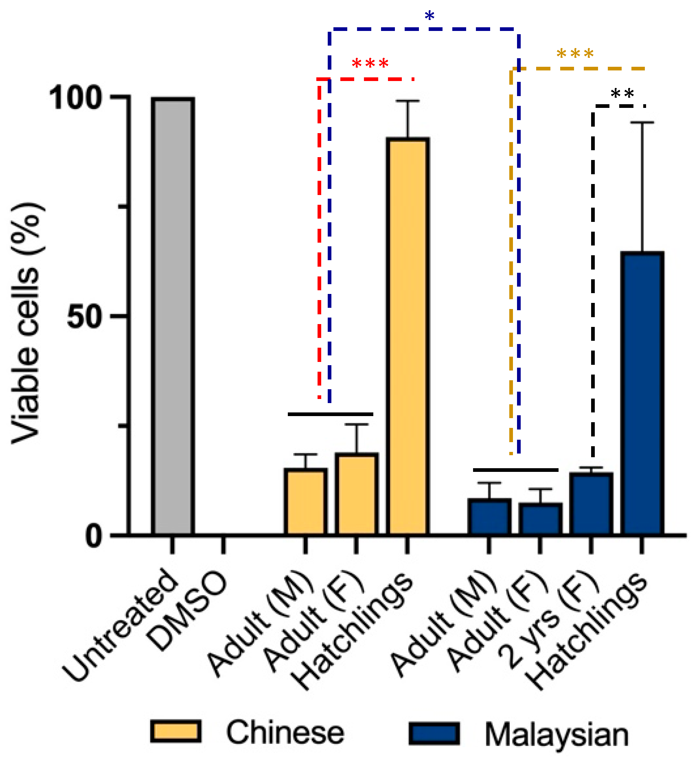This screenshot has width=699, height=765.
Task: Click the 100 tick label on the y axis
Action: (75, 98)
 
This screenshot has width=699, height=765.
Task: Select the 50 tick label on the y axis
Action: (84, 316)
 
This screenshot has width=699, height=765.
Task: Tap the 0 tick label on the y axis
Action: (94, 536)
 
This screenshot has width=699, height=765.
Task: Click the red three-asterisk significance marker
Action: (370, 64)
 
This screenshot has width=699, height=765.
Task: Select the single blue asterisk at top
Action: (429, 16)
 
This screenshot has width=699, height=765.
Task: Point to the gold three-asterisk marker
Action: (575, 54)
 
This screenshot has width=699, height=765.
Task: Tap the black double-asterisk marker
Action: (622, 94)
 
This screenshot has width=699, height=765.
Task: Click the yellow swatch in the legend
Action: (175, 732)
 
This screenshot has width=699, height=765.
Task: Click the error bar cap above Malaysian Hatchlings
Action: (642, 122)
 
